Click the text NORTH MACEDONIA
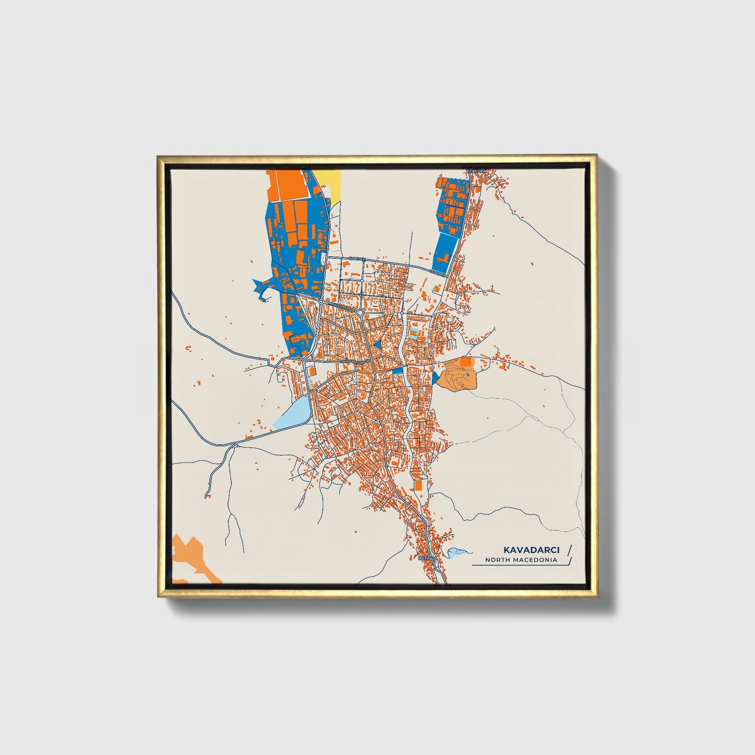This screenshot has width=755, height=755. pyautogui.click(x=520, y=560)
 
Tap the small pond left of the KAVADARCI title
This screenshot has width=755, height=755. pyautogui.click(x=456, y=552)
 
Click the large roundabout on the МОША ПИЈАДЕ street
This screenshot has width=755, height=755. pyautogui.click(x=360, y=312)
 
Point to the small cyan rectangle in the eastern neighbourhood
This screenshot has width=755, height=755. pyautogui.click(x=414, y=333)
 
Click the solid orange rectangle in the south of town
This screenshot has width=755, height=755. pyautogui.click(x=419, y=485)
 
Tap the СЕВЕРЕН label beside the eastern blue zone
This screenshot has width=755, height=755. pyautogui.click(x=438, y=273)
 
